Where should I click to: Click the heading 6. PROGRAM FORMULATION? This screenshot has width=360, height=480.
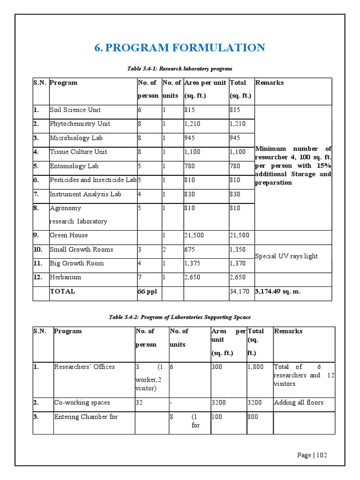180,48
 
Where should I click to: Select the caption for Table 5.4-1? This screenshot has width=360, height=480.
180,69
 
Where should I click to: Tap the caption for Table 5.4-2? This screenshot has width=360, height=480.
180,317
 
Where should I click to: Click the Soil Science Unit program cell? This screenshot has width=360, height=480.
75,110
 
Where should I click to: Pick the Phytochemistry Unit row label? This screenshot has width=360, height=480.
80,124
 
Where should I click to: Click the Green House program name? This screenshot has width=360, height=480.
69,235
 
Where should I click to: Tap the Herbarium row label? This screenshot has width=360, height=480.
65,277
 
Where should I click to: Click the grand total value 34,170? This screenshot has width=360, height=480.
239,292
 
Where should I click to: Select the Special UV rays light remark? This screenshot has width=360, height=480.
286,256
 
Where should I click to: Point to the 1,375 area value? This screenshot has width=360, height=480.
193,263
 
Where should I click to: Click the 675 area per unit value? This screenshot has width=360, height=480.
190,249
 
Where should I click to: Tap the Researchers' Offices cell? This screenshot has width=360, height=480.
84,367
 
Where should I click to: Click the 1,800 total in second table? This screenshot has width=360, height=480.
255,367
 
